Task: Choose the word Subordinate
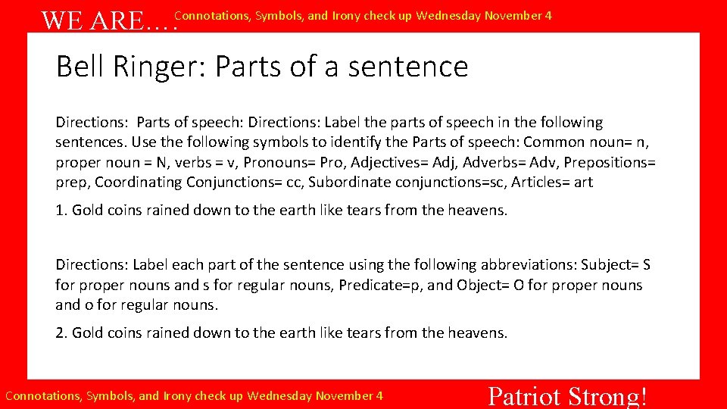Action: pos(346,183)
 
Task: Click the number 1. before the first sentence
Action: pos(61,210)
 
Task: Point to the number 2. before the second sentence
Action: pos(61,333)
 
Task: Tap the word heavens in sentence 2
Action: pos(480,333)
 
